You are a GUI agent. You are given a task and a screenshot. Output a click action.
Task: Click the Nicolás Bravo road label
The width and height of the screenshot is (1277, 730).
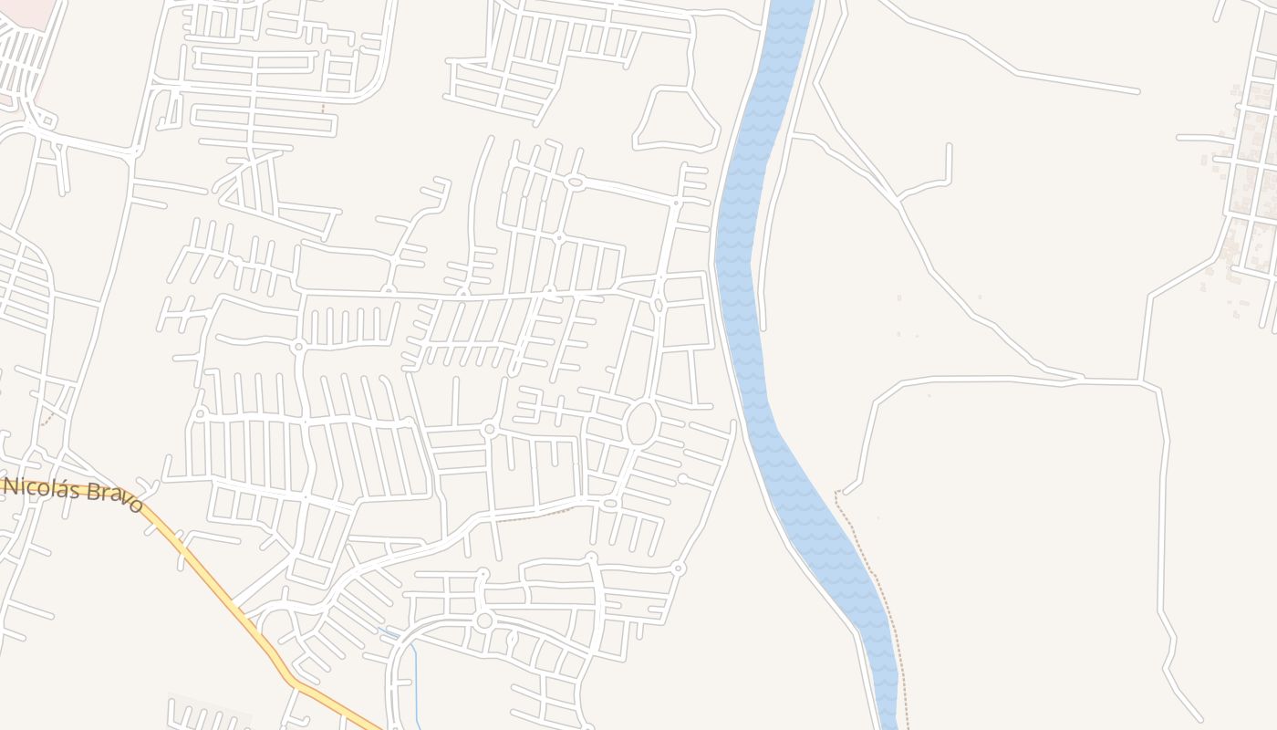click(x=73, y=493)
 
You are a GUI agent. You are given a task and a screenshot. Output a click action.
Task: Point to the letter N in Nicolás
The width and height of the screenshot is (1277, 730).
click(x=11, y=485)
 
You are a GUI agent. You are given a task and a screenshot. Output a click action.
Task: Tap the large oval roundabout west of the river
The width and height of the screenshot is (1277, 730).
click(x=641, y=424)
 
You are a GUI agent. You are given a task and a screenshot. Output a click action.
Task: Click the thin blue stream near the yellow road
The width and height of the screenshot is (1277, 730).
click(x=416, y=675)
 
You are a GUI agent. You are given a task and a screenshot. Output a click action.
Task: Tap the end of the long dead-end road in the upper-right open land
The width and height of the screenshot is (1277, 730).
click(x=1137, y=91)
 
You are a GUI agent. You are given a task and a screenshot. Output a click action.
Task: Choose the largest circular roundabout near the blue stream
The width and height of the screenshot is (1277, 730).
click(x=484, y=620)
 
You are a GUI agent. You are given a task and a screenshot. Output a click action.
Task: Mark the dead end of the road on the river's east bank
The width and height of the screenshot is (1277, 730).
click(x=763, y=328)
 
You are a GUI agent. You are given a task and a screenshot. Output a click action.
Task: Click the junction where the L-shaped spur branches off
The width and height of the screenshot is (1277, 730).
click(x=898, y=198)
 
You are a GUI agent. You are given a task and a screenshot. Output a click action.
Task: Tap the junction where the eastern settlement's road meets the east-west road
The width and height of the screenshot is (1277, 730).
click(x=1142, y=381)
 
